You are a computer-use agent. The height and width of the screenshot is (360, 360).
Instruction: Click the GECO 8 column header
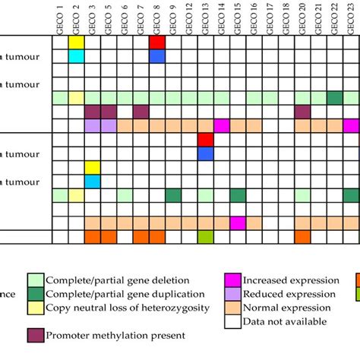pyautogui.click(x=157, y=17)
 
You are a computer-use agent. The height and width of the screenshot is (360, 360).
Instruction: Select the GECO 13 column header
pyautogui.click(x=206, y=17)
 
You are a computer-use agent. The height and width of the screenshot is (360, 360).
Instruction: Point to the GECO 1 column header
pyautogui.click(x=60, y=17)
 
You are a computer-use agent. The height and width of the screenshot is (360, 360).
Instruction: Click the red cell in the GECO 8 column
pyautogui.click(x=157, y=42)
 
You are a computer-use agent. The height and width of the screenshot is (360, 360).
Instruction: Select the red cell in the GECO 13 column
pyautogui.click(x=206, y=139)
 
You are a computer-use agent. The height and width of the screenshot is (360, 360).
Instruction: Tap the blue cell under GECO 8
pyautogui.click(x=157, y=56)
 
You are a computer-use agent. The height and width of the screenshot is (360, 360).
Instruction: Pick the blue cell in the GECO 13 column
pyautogui.click(x=206, y=153)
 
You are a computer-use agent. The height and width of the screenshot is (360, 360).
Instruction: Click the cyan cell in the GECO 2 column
pyautogui.click(x=76, y=56)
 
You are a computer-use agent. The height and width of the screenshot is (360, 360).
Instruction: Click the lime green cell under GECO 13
pyautogui.click(x=206, y=237)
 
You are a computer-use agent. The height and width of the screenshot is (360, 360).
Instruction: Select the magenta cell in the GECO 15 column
pyautogui.click(x=238, y=223)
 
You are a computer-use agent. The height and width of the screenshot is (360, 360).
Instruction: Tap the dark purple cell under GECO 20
pyautogui.click(x=303, y=112)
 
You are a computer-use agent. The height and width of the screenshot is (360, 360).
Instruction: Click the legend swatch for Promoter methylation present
pyautogui.click(x=36, y=334)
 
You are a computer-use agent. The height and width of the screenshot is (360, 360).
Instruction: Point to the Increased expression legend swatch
pyautogui.click(x=232, y=280)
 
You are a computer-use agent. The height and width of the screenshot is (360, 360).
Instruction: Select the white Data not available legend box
pyautogui.click(x=232, y=321)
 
